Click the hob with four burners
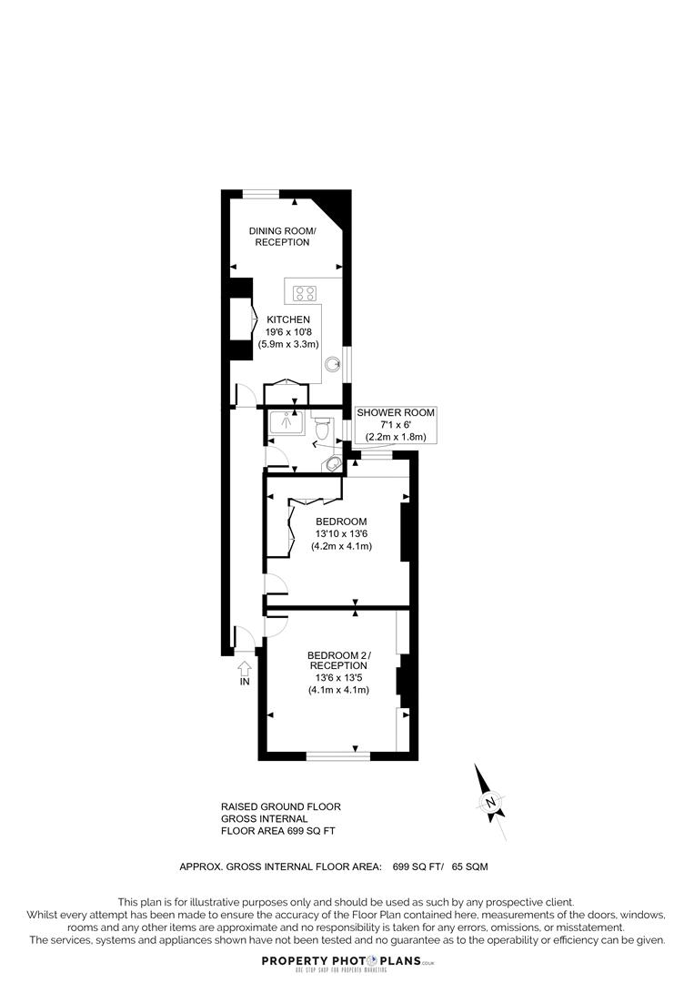click(305, 293)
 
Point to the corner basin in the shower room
click(335, 463)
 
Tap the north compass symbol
click(490, 802)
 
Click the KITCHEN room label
click(288, 319)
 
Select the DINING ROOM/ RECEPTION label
click(282, 237)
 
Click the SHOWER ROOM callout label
click(396, 413)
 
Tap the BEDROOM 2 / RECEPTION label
click(338, 661)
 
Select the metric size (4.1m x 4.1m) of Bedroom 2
click(338, 690)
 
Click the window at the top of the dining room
click(261, 192)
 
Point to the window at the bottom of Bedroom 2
click(338, 755)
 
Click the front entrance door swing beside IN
click(245, 639)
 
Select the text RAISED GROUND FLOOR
click(280, 806)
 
